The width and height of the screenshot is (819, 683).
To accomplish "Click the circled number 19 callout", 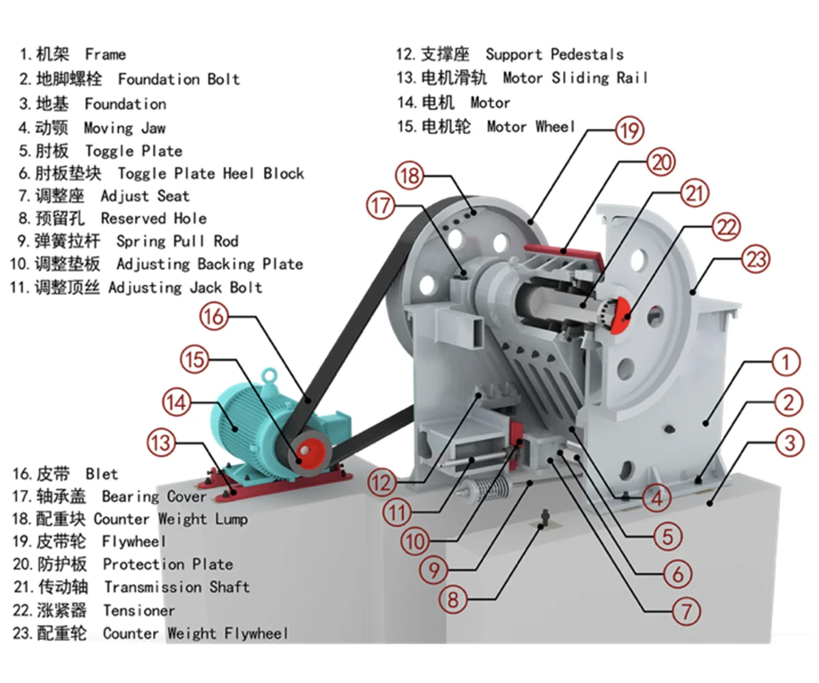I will tap(629, 131).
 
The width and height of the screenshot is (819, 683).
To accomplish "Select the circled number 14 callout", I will tap(178, 403).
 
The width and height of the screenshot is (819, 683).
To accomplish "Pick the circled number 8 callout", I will tap(454, 600).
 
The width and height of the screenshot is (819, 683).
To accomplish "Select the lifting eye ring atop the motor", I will tap(272, 375).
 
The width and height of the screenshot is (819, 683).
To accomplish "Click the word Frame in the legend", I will tap(105, 54).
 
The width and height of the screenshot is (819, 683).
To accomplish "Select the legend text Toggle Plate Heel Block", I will tap(210, 173).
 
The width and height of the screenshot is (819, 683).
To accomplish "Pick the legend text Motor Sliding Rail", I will tap(575, 78).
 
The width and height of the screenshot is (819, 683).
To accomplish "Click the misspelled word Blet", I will tap(102, 473).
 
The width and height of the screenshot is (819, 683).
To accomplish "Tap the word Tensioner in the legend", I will tap(139, 610).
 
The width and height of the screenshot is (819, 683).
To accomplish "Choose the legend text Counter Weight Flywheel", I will tap(195, 633).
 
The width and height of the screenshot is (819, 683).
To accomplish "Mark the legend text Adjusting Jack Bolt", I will tap(185, 287).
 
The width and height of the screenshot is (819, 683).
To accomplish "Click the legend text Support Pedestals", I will tap(554, 54).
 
